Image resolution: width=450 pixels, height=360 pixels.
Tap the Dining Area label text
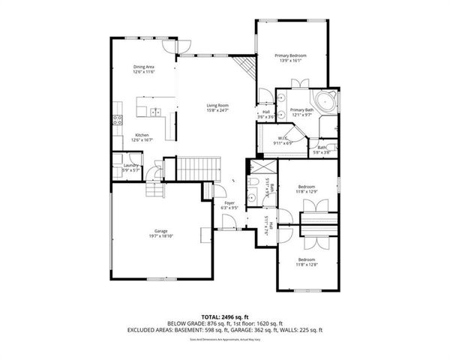tap(144, 69)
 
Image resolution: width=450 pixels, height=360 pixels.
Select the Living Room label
tap(217, 107)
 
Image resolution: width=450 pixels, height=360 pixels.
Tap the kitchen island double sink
tap(155, 112)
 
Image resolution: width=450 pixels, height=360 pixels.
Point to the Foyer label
tap(229, 205)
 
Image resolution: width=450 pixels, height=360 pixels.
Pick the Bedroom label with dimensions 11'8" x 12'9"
tap(306, 188)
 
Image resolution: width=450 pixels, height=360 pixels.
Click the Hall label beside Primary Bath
tap(266, 114)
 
